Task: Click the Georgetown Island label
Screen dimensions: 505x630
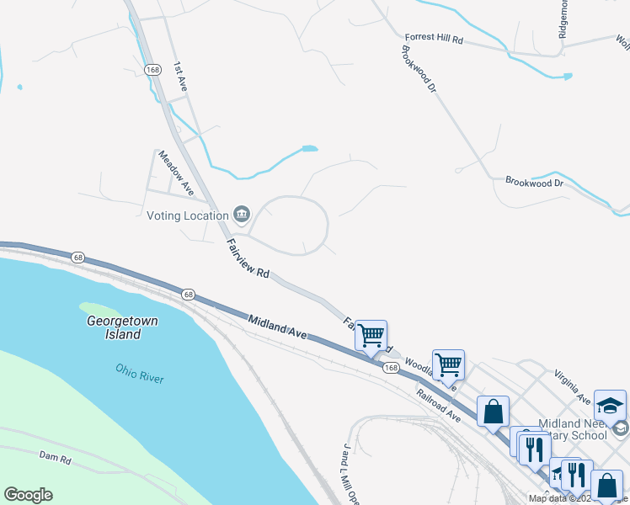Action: [123, 327]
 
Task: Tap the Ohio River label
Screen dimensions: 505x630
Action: [140, 373]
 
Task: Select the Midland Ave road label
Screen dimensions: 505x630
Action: [278, 327]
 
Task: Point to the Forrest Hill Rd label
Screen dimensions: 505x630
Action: [434, 39]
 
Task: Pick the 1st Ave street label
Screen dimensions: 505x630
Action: [180, 77]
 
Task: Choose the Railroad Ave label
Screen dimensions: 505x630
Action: [438, 405]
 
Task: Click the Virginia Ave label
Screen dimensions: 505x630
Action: [572, 384]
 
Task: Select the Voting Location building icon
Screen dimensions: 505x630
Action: [242, 215]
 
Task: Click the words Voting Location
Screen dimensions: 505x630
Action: [188, 215]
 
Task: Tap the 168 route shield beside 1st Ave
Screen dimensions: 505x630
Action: [152, 69]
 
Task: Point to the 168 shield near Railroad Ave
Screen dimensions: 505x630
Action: [391, 369]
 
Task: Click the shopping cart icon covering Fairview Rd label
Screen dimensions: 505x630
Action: [371, 334]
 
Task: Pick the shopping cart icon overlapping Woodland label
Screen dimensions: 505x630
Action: [448, 364]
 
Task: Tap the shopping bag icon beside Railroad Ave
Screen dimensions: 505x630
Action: [494, 412]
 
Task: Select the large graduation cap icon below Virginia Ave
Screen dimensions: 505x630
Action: [610, 405]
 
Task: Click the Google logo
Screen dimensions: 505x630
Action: [28, 495]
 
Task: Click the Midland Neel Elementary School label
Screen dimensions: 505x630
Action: [573, 429]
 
